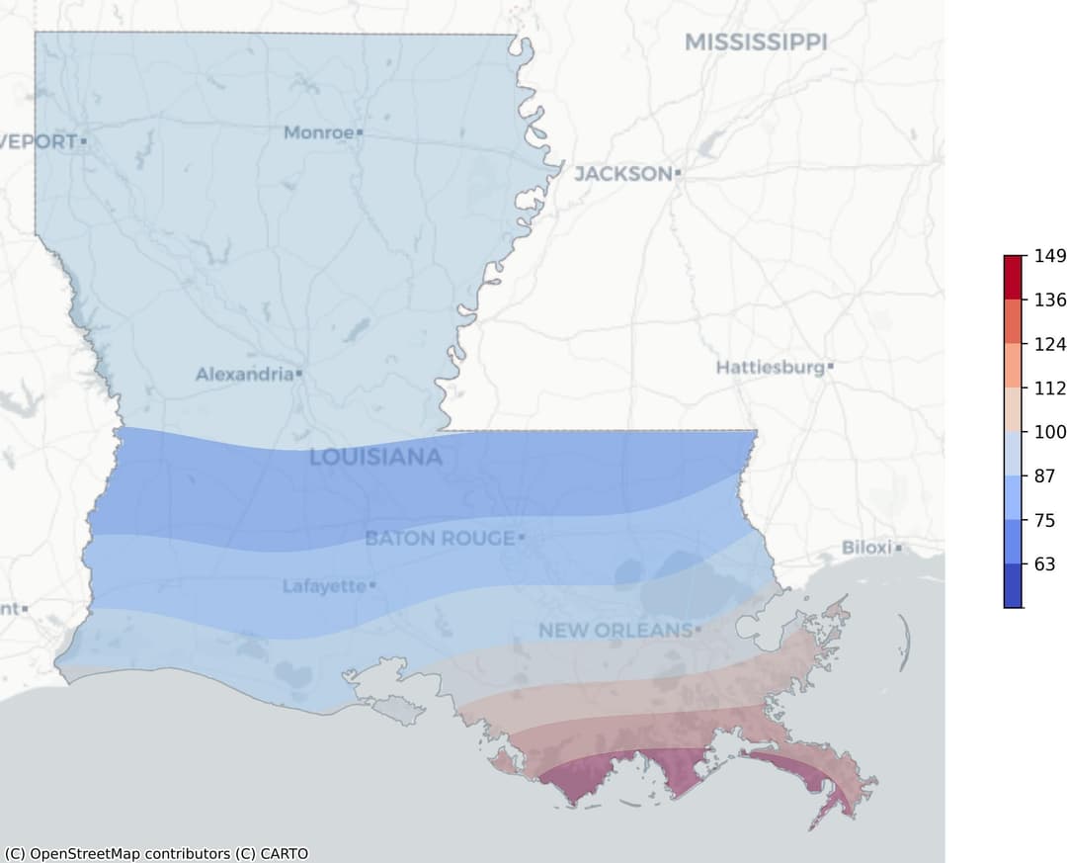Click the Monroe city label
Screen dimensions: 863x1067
point(318,132)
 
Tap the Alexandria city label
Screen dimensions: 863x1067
point(244,375)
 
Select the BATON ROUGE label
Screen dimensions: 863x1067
point(440,539)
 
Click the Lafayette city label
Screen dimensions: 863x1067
point(324,586)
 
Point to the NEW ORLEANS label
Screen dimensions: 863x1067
point(615,630)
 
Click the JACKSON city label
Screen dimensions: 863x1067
point(622,174)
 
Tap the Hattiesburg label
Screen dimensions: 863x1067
point(770,368)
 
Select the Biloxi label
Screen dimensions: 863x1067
point(866,548)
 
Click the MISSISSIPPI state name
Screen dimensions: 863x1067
point(756,42)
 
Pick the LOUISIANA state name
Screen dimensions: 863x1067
point(375,458)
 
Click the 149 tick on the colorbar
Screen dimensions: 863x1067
point(1049,256)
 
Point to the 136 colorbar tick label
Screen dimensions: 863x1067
point(1049,300)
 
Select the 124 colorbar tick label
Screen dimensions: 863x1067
point(1049,344)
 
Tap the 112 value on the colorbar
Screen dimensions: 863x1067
point(1049,388)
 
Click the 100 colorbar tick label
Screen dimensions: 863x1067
point(1049,432)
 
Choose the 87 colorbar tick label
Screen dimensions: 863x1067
point(1043,475)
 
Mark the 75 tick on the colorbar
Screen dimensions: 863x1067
point(1043,520)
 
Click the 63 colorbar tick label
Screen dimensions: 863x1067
point(1043,564)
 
